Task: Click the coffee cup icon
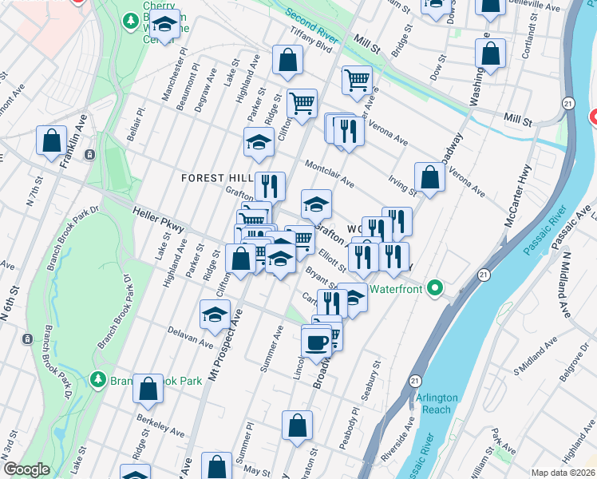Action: pos(317,342)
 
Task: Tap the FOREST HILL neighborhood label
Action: pos(216,177)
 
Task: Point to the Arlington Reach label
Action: pos(437,404)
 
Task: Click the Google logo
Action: pos(26,470)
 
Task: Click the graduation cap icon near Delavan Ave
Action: pos(215,315)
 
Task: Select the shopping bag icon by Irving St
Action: pos(429,179)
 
